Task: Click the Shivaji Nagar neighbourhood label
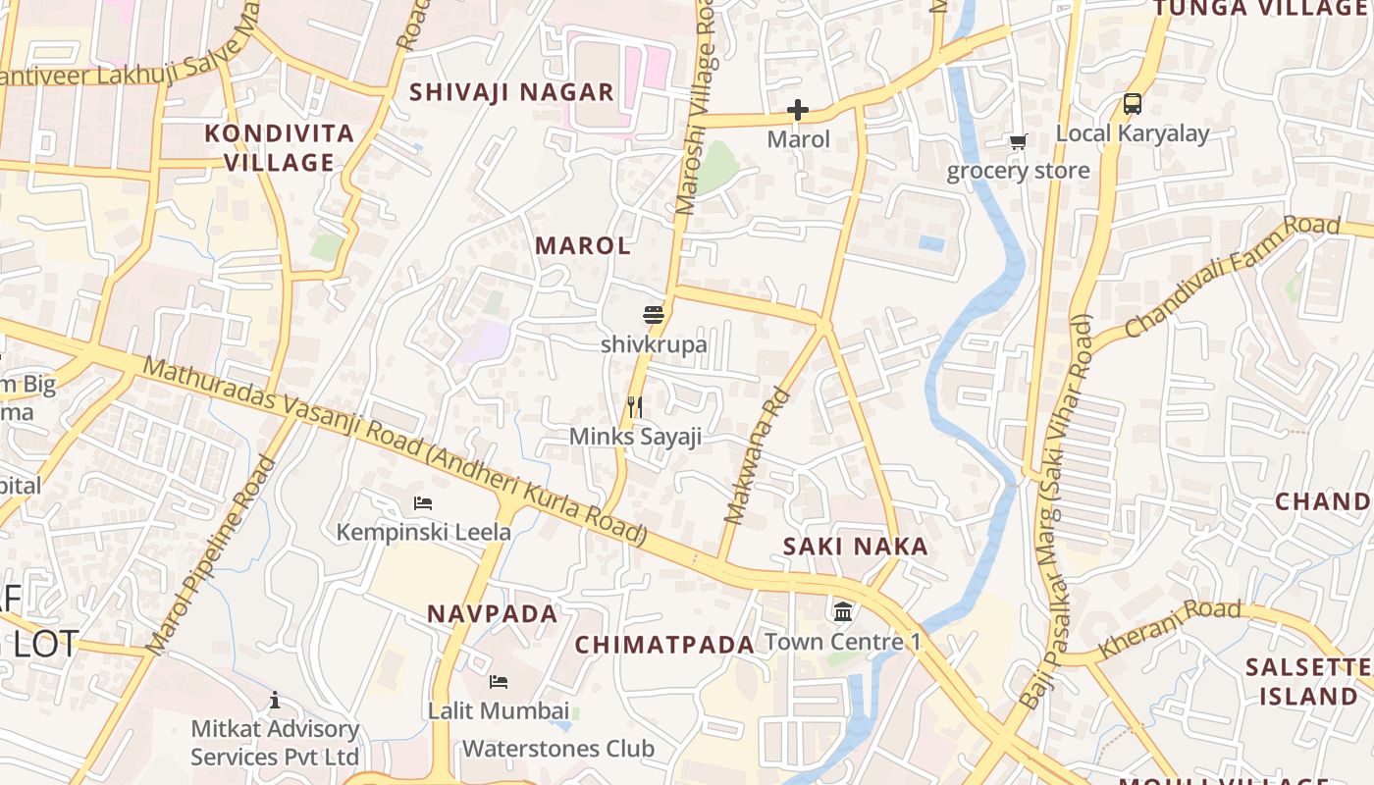pos(511,92)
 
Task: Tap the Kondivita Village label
pos(280,148)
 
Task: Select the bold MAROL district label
pos(583,246)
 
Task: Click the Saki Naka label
pos(856,547)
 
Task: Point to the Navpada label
pos(492,614)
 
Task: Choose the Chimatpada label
pos(664,645)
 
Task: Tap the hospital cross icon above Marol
pos(798,110)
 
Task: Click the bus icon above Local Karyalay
pos(1132,104)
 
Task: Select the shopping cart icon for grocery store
pos(1018,142)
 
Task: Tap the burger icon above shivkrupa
pos(654,315)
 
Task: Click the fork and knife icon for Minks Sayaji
pos(635,406)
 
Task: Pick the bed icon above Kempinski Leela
pos(423,503)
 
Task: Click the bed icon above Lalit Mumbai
pos(499,681)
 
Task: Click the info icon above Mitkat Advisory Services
pos(275,700)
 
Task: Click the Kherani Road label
pos(1169,628)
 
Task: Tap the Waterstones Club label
pos(557,749)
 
